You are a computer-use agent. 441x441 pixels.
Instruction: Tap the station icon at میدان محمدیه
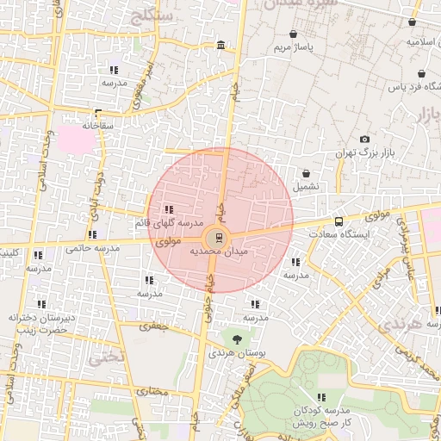(x=217, y=236)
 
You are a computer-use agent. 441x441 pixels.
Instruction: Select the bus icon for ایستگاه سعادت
(x=338, y=221)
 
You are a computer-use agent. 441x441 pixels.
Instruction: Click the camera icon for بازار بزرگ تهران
(x=365, y=140)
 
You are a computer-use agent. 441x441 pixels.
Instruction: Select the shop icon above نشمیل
(x=306, y=173)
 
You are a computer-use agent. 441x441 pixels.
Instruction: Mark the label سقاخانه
(x=98, y=124)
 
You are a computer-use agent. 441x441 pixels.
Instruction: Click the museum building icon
(x=222, y=45)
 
